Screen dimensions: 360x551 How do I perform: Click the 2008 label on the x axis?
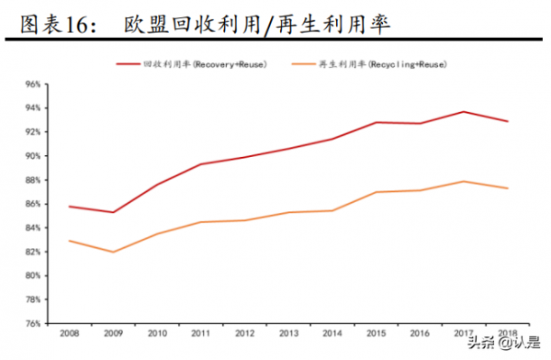coord(69,332)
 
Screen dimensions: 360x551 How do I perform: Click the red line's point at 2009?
coord(113,212)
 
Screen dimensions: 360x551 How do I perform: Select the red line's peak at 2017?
coord(463,112)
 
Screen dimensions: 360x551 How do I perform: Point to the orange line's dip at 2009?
coord(113,252)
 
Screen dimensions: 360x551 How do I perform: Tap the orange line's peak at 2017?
coord(463,181)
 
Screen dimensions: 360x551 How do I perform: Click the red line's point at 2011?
coord(200,164)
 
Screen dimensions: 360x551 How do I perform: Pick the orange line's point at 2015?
coord(376,192)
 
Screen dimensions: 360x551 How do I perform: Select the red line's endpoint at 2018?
coord(507,121)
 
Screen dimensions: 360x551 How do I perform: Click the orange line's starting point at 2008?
coord(69,241)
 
